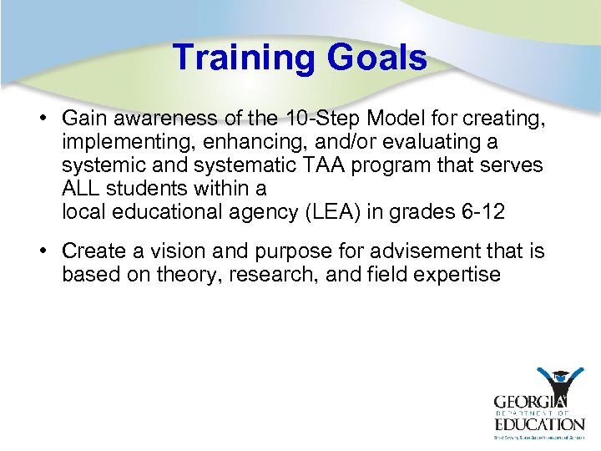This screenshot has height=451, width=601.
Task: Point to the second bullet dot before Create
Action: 41,250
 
